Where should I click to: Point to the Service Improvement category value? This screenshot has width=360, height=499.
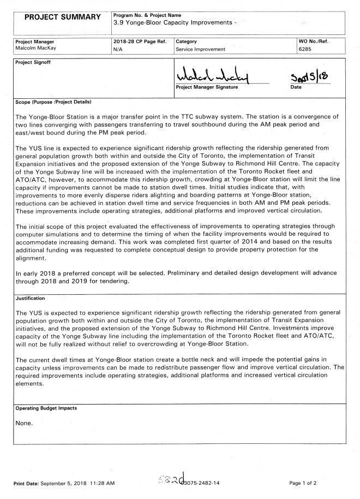coord(200,49)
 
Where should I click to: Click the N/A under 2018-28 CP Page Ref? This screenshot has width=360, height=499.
coord(117,49)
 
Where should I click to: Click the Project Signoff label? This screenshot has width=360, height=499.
coord(32,62)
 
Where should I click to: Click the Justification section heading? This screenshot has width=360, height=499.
coord(30,299)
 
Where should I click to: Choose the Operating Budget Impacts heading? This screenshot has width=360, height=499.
coord(46,408)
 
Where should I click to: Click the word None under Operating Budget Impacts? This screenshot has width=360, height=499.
coord(25,423)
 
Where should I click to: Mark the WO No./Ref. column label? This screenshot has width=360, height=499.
coord(314,41)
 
